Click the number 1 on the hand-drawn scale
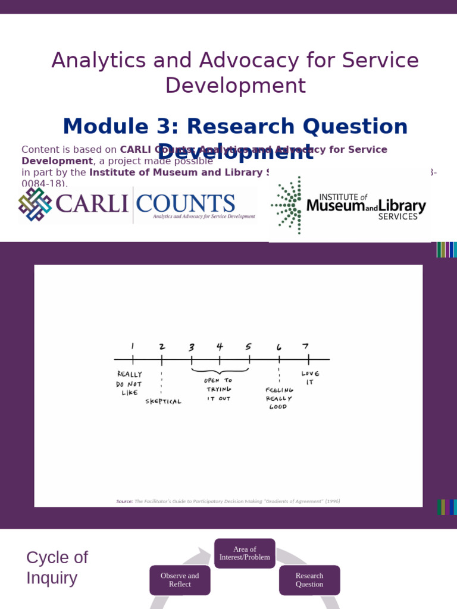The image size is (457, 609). (x=132, y=346)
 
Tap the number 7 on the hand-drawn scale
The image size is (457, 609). (x=305, y=346)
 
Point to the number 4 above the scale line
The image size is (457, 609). (x=220, y=346)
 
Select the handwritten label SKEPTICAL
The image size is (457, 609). (x=163, y=401)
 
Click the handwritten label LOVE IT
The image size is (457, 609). (x=310, y=378)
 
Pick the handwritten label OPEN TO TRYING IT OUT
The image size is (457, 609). (x=218, y=389)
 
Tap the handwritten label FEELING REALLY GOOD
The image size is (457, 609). (x=278, y=398)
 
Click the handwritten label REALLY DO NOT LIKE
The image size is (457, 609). (x=129, y=384)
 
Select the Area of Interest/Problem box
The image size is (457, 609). (x=245, y=553)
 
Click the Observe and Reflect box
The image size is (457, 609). (x=180, y=580)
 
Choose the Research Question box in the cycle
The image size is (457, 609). (x=309, y=580)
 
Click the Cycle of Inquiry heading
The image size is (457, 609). (x=57, y=567)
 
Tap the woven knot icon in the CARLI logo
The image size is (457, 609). (x=35, y=204)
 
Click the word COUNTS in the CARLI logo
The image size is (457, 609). (x=185, y=203)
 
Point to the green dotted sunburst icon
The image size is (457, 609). (x=287, y=206)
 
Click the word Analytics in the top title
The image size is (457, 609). (x=91, y=61)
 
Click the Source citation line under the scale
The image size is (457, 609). (x=228, y=501)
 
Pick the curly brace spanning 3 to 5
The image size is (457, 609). (x=220, y=371)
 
